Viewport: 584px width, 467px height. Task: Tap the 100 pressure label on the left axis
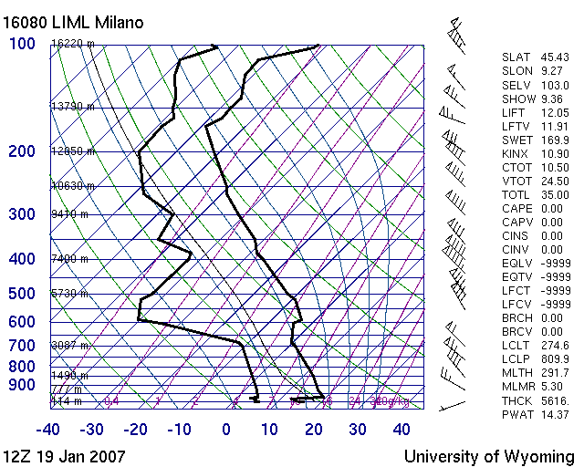coord(21,44)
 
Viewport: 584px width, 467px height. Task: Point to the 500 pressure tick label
coord(21,294)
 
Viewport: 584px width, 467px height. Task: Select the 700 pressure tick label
coord(21,346)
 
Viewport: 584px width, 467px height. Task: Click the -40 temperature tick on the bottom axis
coord(47,430)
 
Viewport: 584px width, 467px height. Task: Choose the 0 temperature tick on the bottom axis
coord(226,430)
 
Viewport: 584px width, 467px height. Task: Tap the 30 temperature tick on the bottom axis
coord(358,430)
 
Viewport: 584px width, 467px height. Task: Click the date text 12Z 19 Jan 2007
coord(64,456)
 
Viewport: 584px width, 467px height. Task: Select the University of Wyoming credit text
coord(489,456)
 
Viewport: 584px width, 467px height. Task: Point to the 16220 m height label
coord(69,43)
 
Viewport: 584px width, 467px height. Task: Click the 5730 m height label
coord(69,294)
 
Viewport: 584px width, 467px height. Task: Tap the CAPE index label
coord(516,208)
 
